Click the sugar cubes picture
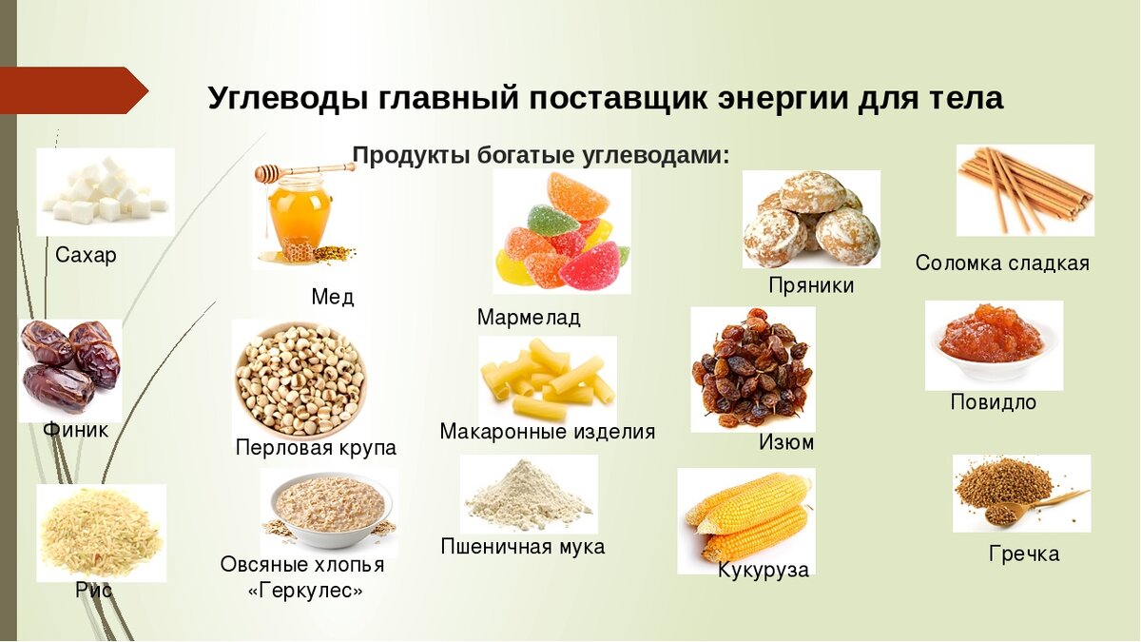pyautogui.click(x=105, y=191)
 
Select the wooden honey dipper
pyautogui.click(x=302, y=170)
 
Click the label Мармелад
pyautogui.click(x=529, y=318)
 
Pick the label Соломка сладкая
pyautogui.click(x=1002, y=263)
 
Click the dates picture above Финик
pyautogui.click(x=70, y=366)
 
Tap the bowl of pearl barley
pyautogui.click(x=300, y=379)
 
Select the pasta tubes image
pyautogui.click(x=547, y=379)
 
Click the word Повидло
pyautogui.click(x=993, y=402)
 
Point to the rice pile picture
pyautogui.click(x=101, y=533)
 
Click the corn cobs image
pyautogui.click(x=747, y=518)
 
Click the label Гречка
pyautogui.click(x=1023, y=554)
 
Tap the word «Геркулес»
pyautogui.click(x=305, y=591)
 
